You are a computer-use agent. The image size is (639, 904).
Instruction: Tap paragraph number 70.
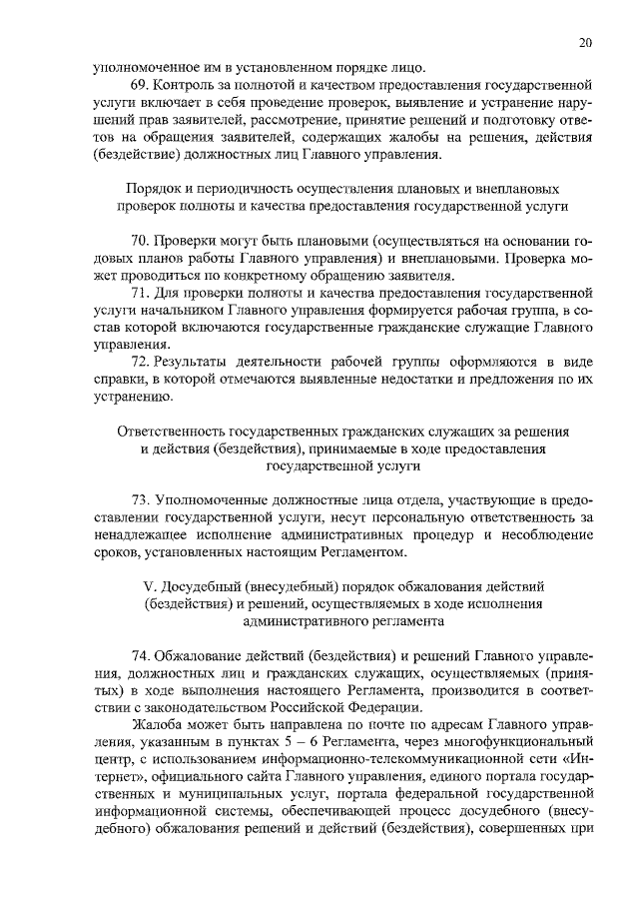pyautogui.click(x=142, y=241)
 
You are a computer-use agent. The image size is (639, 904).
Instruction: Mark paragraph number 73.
pyautogui.click(x=142, y=498)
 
